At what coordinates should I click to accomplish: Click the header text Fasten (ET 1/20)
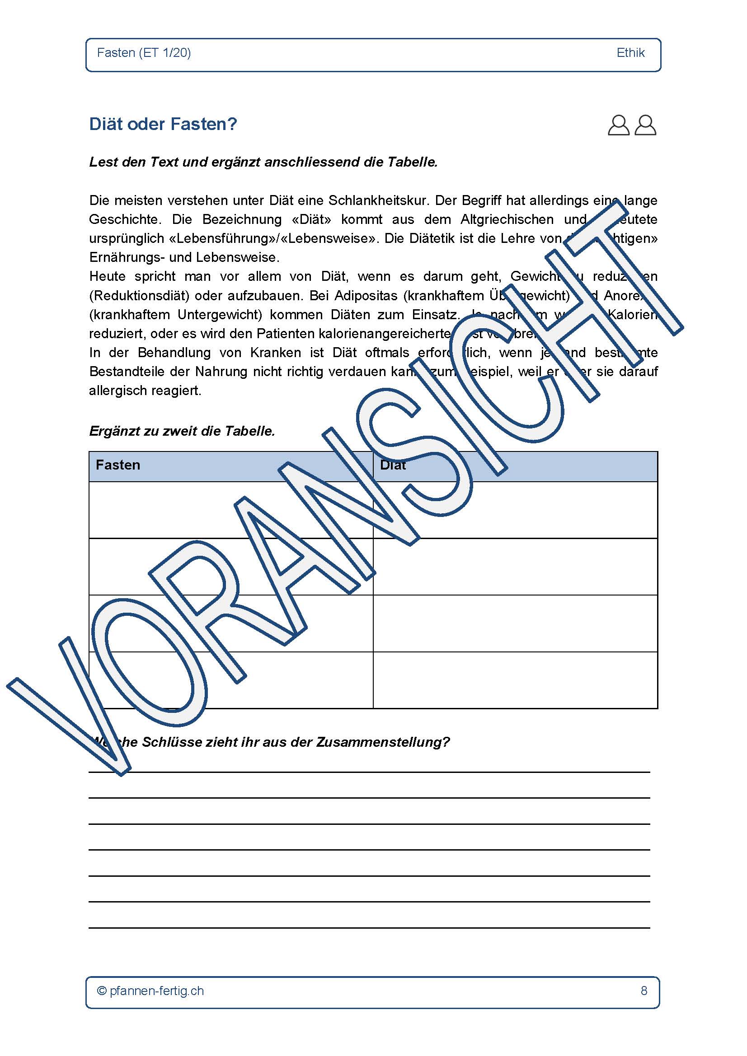(x=144, y=53)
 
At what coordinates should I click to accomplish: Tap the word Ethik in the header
(x=630, y=53)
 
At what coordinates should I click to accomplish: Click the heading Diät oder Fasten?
(x=163, y=124)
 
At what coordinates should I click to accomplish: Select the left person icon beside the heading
(x=618, y=125)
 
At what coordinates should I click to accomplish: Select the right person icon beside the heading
(x=645, y=125)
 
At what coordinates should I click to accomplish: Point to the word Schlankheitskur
(x=378, y=200)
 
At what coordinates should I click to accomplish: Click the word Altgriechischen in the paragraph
(x=507, y=219)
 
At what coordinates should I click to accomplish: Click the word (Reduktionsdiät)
(x=139, y=295)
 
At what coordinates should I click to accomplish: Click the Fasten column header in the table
(x=118, y=465)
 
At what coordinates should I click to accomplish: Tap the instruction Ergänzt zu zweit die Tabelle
(x=182, y=431)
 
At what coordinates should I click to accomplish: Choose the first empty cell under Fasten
(x=230, y=510)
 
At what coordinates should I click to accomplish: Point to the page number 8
(x=644, y=991)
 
